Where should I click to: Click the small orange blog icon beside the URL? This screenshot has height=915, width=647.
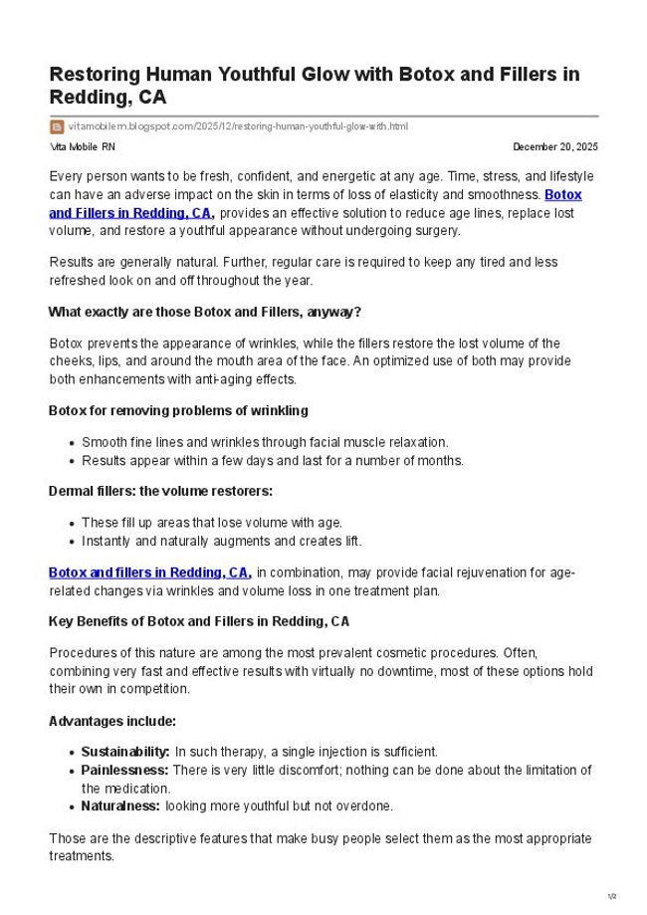click(57, 126)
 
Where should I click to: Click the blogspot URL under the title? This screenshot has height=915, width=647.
click(238, 126)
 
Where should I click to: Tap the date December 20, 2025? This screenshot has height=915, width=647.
click(555, 147)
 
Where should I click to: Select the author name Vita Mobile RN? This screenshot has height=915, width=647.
click(82, 147)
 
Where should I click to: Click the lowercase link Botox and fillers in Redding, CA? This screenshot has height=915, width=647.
click(149, 572)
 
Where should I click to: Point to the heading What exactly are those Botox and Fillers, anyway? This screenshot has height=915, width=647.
click(204, 312)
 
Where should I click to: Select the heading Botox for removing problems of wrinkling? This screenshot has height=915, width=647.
click(178, 410)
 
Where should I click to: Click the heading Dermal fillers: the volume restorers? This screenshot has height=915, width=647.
click(160, 491)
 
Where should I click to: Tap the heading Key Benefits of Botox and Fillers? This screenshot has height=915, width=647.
click(199, 621)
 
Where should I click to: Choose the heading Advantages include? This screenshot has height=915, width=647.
click(112, 720)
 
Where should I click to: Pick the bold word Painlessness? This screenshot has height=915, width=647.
click(124, 770)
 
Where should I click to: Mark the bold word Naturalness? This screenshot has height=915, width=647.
click(120, 805)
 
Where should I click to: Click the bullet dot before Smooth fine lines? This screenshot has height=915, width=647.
click(73, 442)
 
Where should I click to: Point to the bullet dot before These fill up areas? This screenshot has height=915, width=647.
click(73, 523)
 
